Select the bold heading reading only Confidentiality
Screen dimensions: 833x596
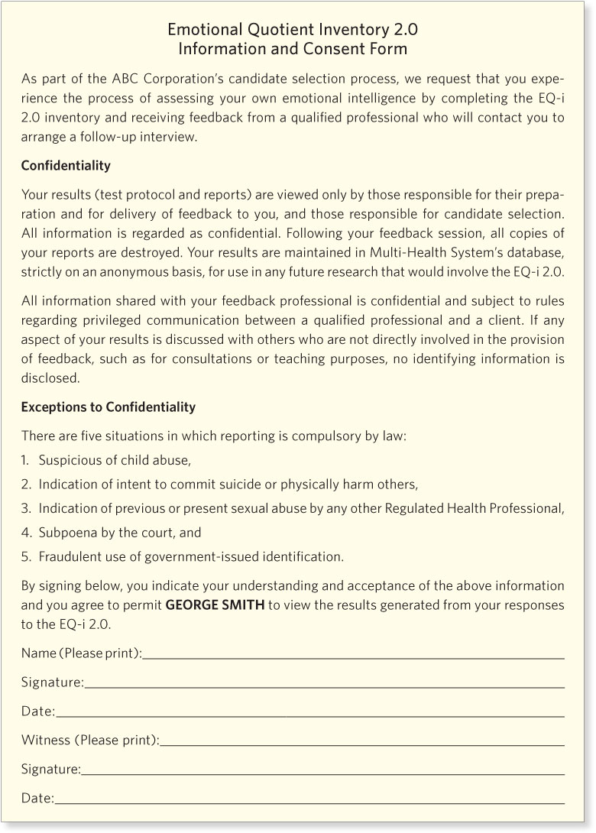pos(66,166)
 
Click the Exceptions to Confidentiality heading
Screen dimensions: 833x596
pos(108,407)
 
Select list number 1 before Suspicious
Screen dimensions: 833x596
pos(26,460)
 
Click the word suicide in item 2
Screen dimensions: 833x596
pos(255,485)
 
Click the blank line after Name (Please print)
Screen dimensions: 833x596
pos(353,654)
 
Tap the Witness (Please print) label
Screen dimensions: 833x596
pos(89,740)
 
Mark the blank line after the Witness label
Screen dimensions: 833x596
pos(362,741)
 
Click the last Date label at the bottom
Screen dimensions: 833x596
pos(37,799)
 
